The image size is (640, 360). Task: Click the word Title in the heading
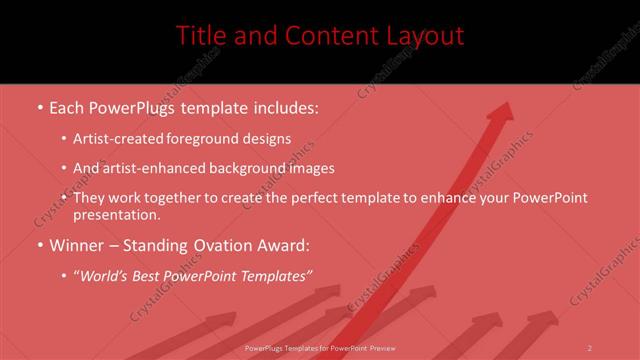click(200, 36)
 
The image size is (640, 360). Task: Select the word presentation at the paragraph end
click(116, 215)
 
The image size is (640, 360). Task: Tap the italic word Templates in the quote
click(275, 275)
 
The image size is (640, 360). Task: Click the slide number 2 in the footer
click(590, 348)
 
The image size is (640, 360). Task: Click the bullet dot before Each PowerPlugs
click(39, 106)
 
